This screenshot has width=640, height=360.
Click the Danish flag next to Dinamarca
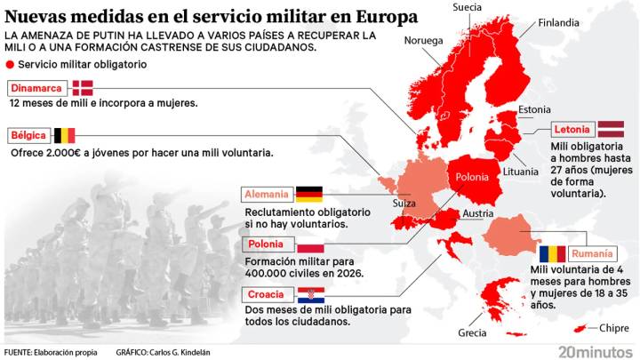[x=83, y=87]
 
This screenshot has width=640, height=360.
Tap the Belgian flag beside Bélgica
[x=65, y=136]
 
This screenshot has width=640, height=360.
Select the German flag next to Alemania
[x=308, y=194]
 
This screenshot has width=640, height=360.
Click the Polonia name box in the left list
[x=266, y=244]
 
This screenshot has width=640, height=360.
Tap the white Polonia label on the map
[x=471, y=177]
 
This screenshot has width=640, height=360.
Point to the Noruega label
[x=423, y=40]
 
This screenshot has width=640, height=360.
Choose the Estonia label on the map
[x=534, y=109]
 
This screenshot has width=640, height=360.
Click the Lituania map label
[x=520, y=171]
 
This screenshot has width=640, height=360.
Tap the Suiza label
[x=406, y=203]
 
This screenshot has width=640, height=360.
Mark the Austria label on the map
[x=477, y=213]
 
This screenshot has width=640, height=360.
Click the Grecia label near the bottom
[x=472, y=332]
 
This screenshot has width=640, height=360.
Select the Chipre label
[x=614, y=328]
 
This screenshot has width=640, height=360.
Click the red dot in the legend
[x=10, y=65]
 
